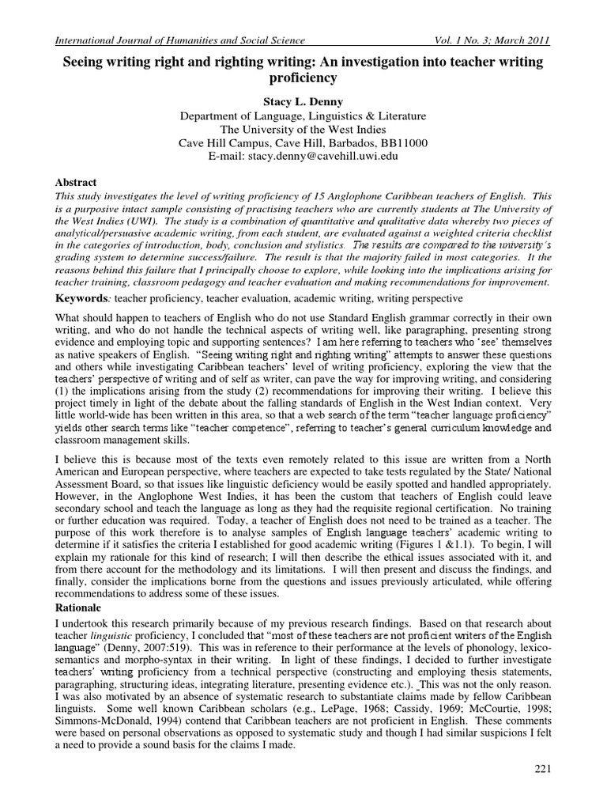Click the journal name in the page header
[177, 40]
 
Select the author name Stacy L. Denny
[303, 101]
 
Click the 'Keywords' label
[83, 300]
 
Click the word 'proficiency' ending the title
[303, 78]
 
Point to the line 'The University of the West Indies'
[303, 129]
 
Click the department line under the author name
[303, 115]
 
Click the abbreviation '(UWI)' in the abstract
[138, 224]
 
